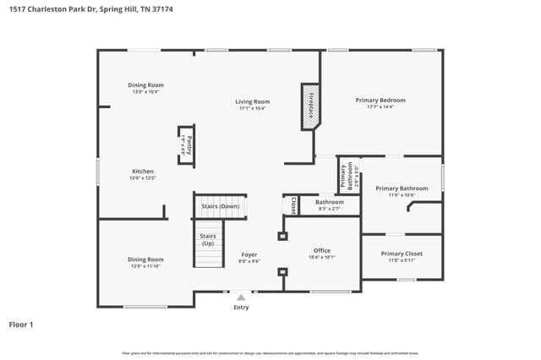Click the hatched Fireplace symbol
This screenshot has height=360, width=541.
click(x=310, y=106)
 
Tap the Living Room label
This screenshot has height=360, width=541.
click(x=253, y=101)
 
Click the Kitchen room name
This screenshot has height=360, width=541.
click(x=142, y=172)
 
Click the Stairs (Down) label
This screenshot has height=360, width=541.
click(x=220, y=206)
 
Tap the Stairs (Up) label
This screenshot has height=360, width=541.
click(x=208, y=239)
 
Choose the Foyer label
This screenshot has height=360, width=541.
click(x=249, y=254)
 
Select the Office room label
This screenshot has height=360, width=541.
click(x=321, y=250)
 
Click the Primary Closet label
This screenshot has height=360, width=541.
click(x=402, y=254)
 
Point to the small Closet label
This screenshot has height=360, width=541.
click(x=293, y=205)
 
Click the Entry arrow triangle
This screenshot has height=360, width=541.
click(x=242, y=297)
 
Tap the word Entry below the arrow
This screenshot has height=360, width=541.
click(x=242, y=308)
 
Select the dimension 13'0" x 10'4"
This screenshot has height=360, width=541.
click(x=145, y=91)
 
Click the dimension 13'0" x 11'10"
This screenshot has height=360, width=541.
click(x=145, y=266)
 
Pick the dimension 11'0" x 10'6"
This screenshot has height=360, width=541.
click(x=402, y=195)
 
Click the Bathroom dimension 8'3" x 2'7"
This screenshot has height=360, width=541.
click(x=329, y=208)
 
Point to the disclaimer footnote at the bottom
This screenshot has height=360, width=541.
click(x=270, y=352)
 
